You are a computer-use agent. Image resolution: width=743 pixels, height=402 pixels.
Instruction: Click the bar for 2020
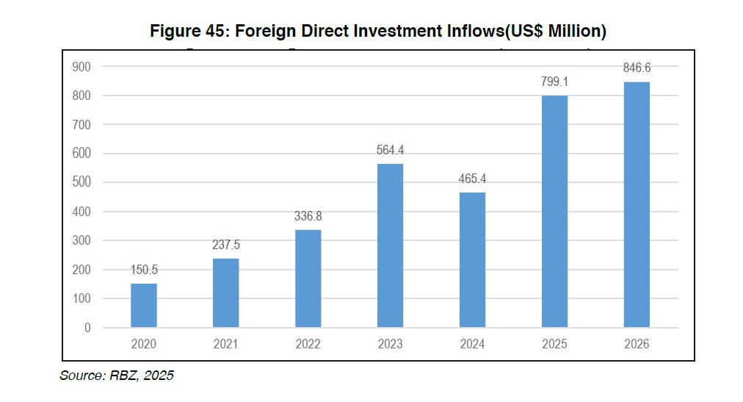[144, 305]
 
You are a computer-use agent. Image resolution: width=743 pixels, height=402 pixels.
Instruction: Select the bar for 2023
[390, 245]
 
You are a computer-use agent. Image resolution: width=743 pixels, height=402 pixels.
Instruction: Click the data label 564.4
[390, 150]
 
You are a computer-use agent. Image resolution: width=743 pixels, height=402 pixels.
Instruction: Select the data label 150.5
[144, 270]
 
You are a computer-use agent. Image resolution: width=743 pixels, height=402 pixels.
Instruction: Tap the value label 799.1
[554, 82]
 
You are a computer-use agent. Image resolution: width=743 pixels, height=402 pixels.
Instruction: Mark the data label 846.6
[637, 68]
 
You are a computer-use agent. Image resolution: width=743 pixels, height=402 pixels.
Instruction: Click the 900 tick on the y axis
[81, 67]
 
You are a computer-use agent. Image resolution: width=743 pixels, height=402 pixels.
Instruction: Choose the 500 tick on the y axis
[81, 182]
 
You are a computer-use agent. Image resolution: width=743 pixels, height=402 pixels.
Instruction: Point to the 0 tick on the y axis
[87, 328]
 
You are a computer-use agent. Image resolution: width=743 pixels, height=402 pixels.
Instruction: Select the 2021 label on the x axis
[225, 344]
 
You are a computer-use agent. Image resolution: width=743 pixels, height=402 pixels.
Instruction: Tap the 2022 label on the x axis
[308, 344]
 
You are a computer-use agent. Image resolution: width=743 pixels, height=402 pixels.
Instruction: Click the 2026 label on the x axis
[637, 344]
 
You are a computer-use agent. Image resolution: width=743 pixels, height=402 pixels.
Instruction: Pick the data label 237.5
[225, 245]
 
